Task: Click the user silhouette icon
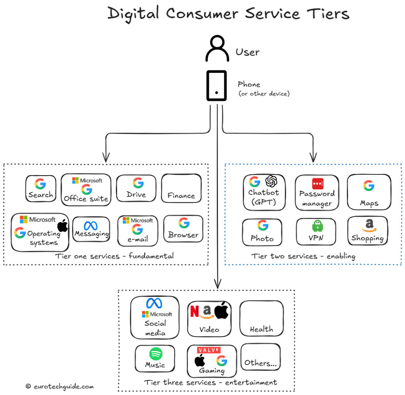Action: coord(217,49)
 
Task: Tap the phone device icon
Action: coord(216,85)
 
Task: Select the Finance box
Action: coord(181,189)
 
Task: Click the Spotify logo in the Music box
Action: coord(155,353)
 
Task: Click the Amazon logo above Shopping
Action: coord(369,226)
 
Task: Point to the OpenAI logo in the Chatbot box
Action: coord(271,181)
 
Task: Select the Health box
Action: coord(261,319)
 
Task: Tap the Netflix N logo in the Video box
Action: coord(194,312)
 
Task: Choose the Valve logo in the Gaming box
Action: coord(208,350)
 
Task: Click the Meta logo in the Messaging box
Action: coord(91,226)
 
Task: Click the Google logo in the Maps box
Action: coord(369,185)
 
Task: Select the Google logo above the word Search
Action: coord(40,183)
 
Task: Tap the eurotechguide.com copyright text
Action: coord(59,386)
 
